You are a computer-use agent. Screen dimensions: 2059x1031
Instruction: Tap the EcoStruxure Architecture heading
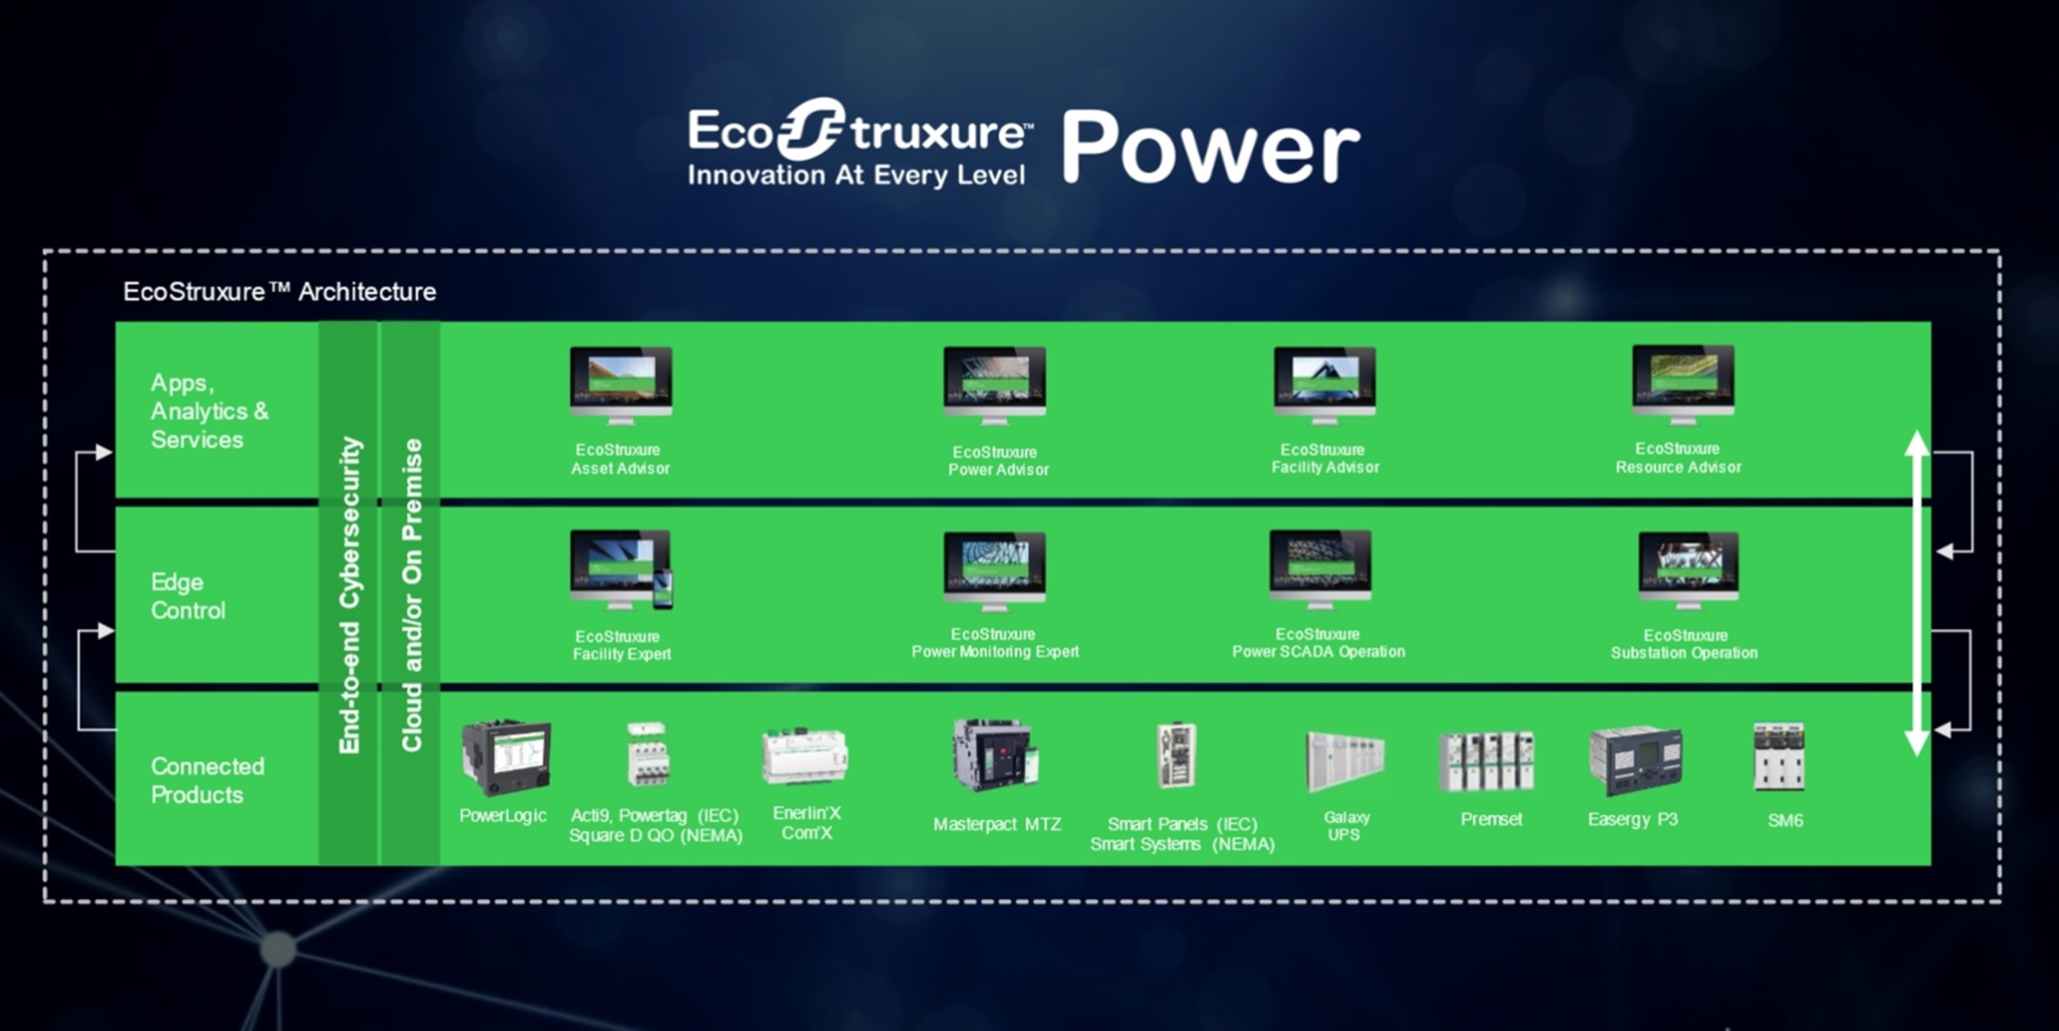[x=280, y=292]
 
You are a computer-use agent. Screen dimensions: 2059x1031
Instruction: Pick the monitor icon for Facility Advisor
[x=1324, y=385]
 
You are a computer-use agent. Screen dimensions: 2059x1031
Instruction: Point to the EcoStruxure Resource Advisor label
[x=1678, y=458]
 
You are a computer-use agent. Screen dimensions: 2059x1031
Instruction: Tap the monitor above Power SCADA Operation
[x=1321, y=569]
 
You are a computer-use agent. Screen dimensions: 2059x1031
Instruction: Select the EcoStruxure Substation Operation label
[x=1684, y=644]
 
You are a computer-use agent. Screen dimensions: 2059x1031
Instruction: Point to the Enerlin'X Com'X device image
[x=804, y=755]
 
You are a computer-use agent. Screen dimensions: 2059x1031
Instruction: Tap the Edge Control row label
[x=188, y=596]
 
